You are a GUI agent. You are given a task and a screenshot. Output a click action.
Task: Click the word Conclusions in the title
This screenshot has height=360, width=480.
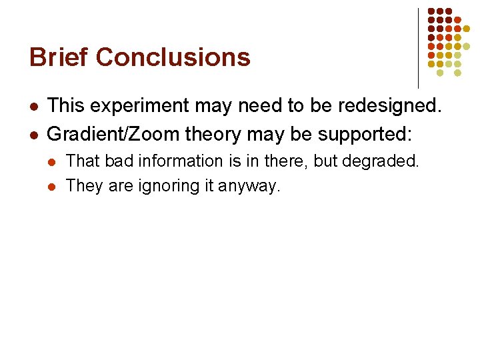point(173,57)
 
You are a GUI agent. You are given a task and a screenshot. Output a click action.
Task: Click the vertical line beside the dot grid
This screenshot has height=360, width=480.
point(418,47)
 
